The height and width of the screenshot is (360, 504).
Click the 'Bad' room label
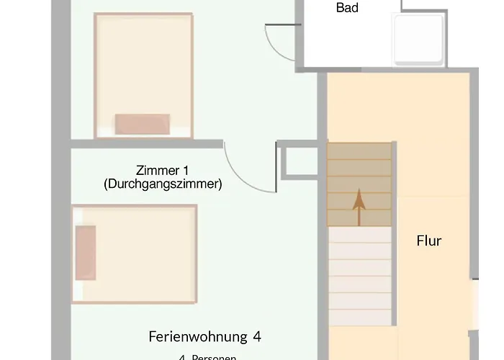(347, 9)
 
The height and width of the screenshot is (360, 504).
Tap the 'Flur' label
(429, 240)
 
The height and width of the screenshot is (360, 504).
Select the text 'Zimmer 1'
(162, 171)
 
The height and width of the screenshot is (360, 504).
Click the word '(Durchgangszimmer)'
(162, 184)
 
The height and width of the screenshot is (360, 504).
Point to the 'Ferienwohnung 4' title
(204, 336)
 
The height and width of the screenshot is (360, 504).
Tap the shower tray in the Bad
(418, 40)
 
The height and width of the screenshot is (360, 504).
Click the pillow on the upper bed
(143, 123)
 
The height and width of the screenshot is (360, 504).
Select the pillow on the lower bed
(85, 252)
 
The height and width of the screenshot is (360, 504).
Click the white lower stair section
(360, 274)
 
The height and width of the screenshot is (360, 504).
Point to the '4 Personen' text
(207, 356)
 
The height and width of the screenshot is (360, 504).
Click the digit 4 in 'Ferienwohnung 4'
(256, 336)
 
